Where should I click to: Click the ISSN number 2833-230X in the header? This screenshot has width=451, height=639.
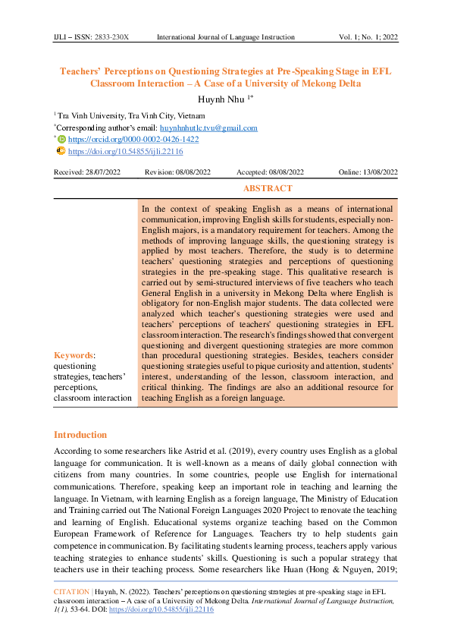click(x=113, y=36)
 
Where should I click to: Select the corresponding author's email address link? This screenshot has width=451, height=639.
click(x=214, y=127)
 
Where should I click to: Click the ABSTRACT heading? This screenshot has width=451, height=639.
click(x=268, y=188)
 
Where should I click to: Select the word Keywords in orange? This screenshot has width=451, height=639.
click(x=73, y=354)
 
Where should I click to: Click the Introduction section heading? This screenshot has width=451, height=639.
click(x=80, y=435)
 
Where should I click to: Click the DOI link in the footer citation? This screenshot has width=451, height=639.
click(x=174, y=609)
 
